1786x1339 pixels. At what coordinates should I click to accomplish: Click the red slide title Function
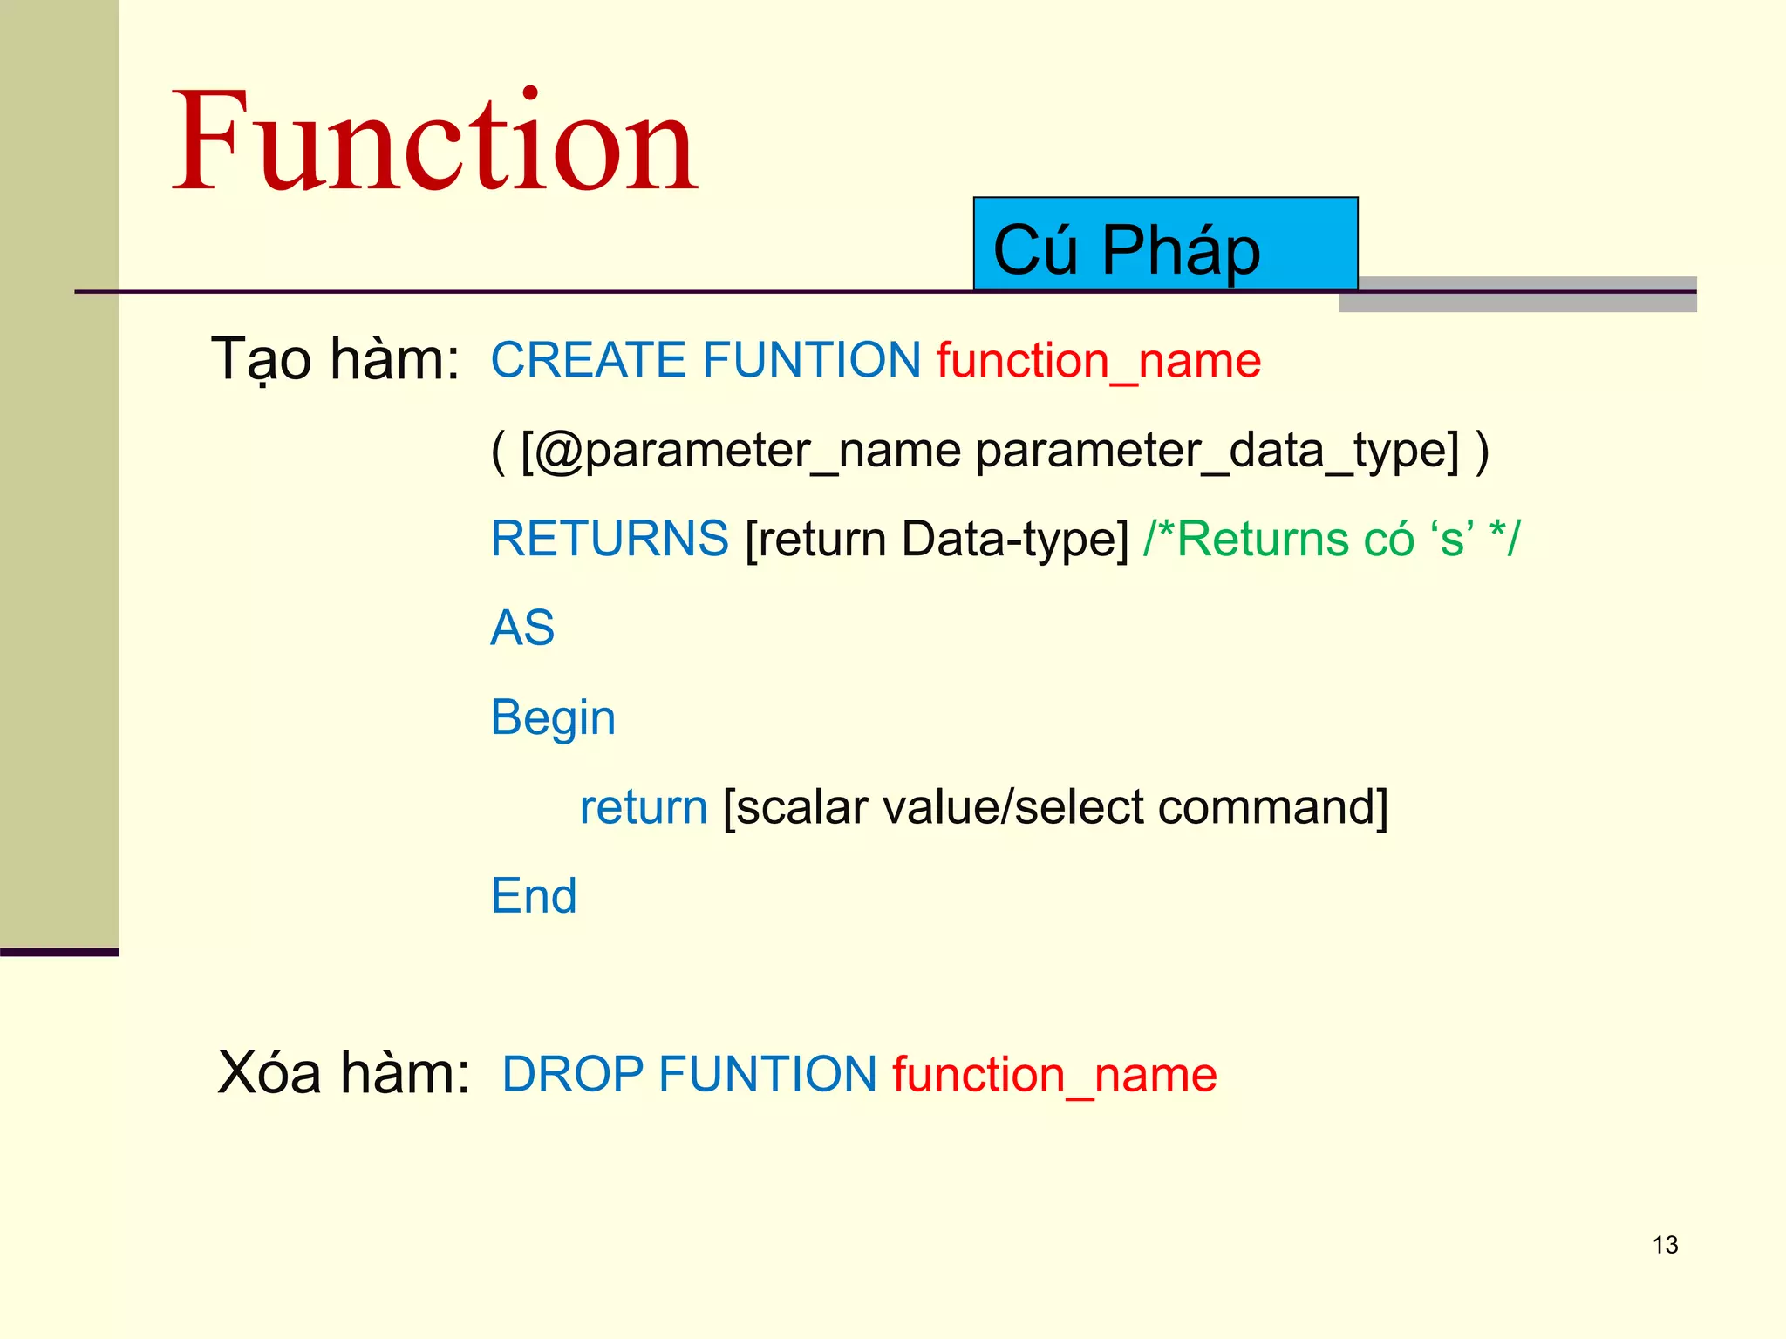(x=434, y=141)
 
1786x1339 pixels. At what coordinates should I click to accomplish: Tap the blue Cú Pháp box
(x=1165, y=245)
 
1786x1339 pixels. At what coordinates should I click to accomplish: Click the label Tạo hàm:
(x=336, y=359)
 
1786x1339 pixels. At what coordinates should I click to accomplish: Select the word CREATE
(x=589, y=360)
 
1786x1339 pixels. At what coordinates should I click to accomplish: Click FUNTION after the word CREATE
(x=812, y=360)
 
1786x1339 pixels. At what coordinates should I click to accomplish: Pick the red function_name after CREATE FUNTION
(x=1099, y=361)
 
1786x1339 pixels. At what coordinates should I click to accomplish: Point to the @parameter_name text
(x=740, y=451)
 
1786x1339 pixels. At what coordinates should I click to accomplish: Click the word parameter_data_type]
(x=1217, y=451)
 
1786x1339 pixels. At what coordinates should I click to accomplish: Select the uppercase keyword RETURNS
(x=610, y=538)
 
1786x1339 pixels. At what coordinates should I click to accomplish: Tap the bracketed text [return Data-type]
(x=937, y=539)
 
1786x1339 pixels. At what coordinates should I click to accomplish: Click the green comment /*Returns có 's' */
(x=1332, y=538)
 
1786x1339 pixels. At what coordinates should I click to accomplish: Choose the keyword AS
(x=522, y=628)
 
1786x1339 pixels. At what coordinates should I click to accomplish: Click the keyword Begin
(x=553, y=718)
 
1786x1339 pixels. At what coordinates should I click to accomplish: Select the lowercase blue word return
(x=644, y=807)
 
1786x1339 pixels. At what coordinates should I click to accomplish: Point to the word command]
(x=1272, y=807)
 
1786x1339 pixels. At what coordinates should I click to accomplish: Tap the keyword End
(x=534, y=896)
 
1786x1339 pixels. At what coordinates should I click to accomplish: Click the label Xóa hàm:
(x=343, y=1072)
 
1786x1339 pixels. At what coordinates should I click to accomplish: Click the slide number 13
(x=1665, y=1245)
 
